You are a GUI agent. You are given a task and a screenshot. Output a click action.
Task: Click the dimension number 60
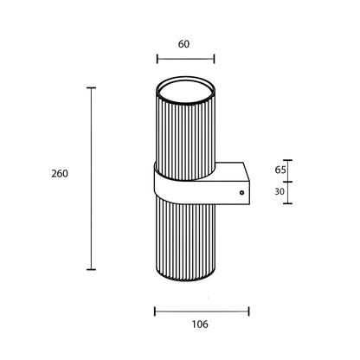point(183,44)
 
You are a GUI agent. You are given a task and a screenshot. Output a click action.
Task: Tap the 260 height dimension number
point(60,174)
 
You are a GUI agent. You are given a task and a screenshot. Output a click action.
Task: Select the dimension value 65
point(280,170)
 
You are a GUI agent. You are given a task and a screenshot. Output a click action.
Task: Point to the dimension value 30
point(280,191)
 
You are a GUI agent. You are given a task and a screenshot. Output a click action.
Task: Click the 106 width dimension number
point(200,325)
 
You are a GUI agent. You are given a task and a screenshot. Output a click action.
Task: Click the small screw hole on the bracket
point(241,193)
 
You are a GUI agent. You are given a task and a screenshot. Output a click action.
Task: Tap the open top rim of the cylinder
point(186,90)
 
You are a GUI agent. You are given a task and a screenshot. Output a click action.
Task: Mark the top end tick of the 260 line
point(91,87)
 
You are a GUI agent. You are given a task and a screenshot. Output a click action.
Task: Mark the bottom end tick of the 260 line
point(91,269)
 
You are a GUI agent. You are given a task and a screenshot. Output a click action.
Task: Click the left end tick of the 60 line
point(157,59)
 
